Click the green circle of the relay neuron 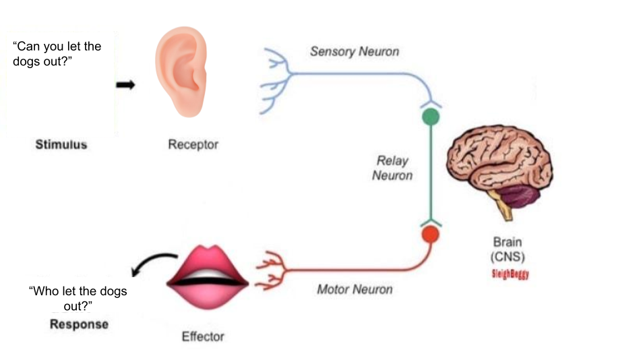tap(431, 117)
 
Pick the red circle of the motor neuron tap(431, 235)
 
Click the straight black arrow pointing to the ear tap(125, 85)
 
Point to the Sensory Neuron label tap(354, 51)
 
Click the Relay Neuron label tap(394, 169)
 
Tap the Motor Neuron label tap(355, 290)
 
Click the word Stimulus tap(61, 145)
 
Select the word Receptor tap(193, 145)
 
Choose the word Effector tap(203, 336)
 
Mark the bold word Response tap(79, 324)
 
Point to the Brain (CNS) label tap(508, 249)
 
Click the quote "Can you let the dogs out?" tap(57, 54)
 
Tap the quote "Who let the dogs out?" tap(78, 299)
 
